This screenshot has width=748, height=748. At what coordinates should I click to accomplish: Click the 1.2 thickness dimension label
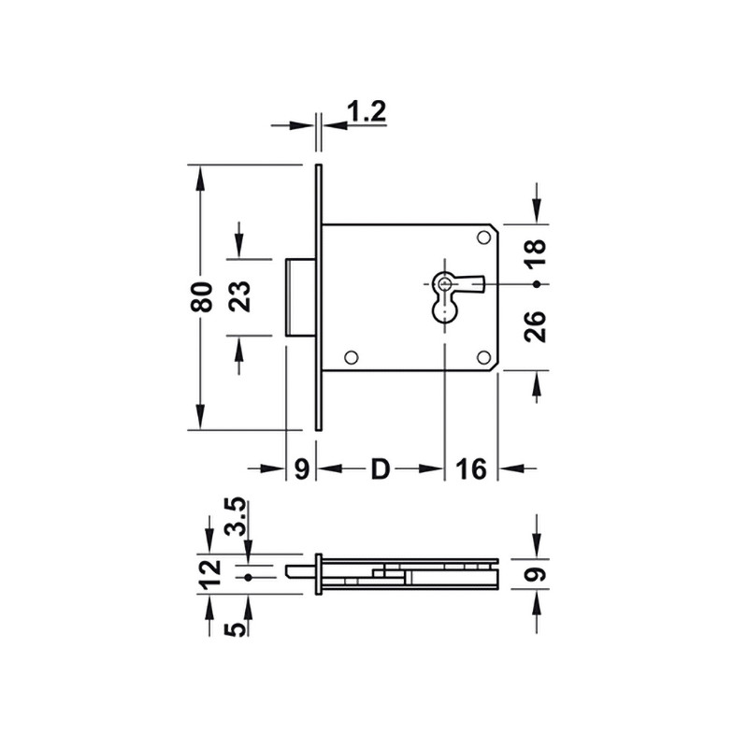[x=366, y=111]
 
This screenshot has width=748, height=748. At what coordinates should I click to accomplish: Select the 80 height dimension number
[x=201, y=297]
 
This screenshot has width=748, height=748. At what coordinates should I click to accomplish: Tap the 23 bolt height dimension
[x=239, y=296]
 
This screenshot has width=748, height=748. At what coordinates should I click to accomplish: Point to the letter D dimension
[x=381, y=469]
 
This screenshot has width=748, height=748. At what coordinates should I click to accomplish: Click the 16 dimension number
[x=471, y=469]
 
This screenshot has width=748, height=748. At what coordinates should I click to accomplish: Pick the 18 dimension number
[x=535, y=252]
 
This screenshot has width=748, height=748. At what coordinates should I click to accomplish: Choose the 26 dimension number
[x=535, y=326]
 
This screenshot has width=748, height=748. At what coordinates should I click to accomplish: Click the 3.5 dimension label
[x=237, y=517]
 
